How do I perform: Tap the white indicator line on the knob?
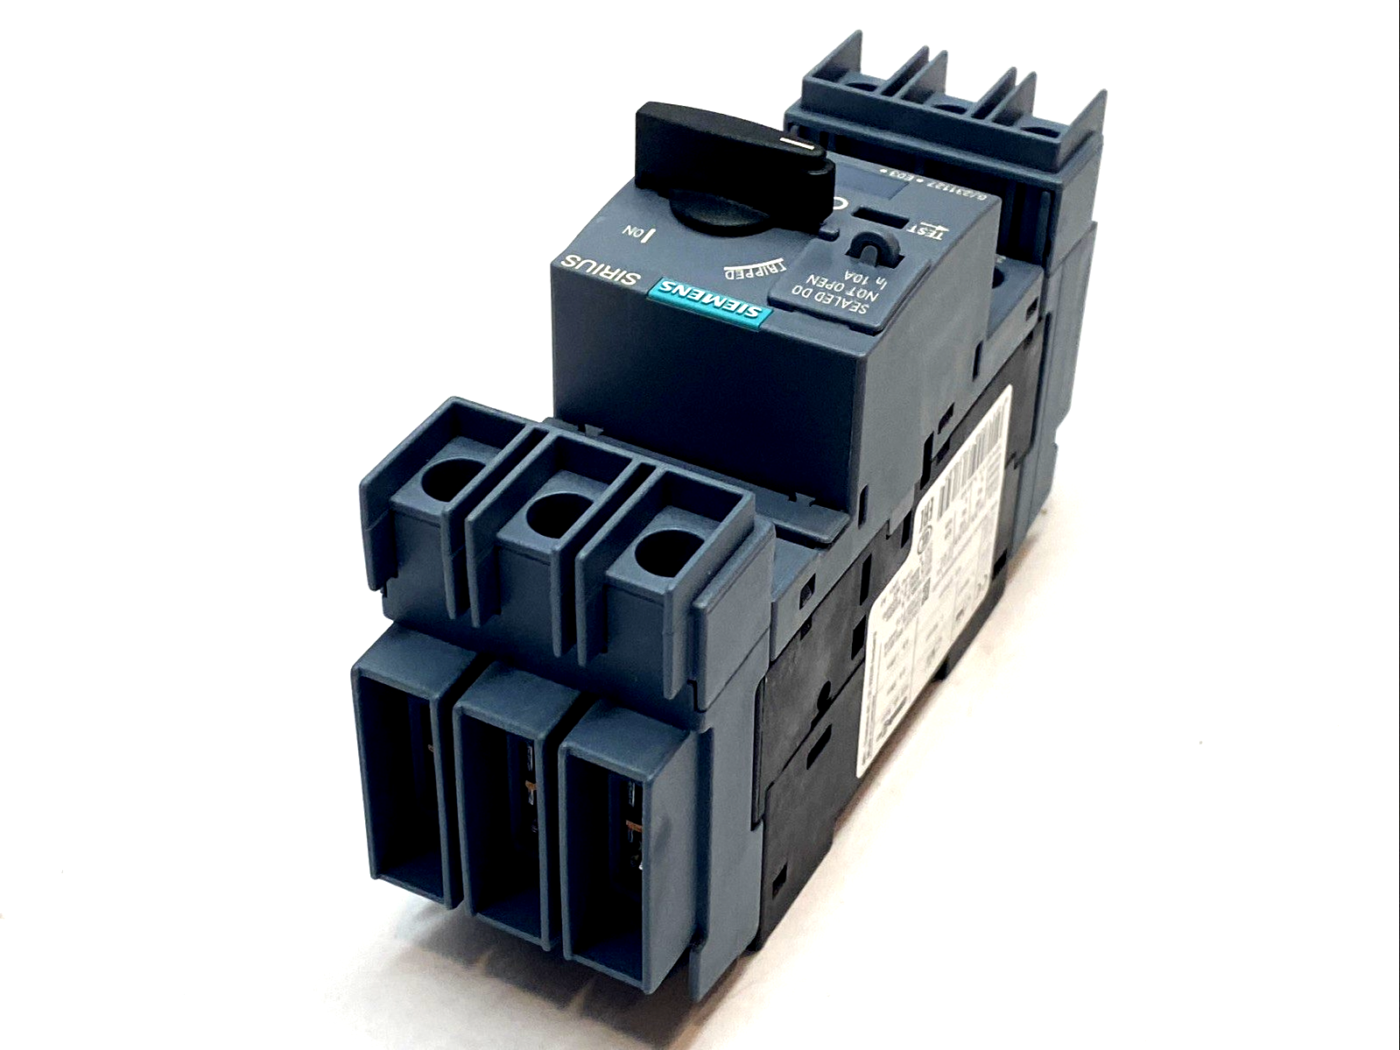click(801, 143)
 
